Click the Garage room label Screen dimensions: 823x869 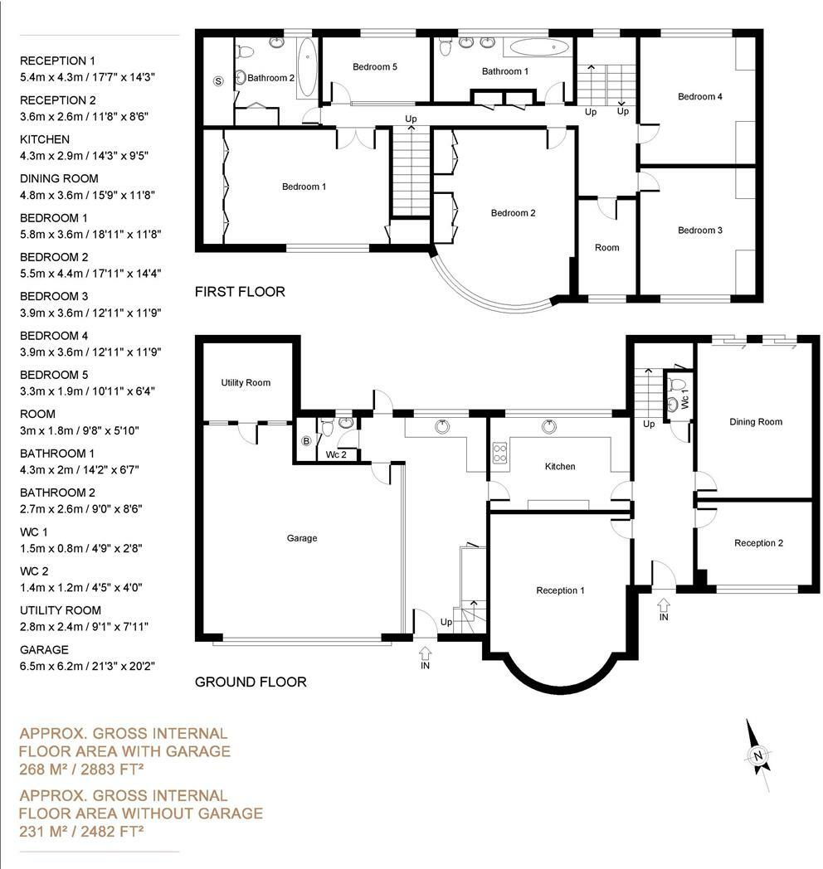click(302, 538)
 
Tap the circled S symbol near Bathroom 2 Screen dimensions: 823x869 click(218, 81)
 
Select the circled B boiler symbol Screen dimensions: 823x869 click(305, 441)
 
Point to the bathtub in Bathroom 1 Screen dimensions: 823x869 click(536, 47)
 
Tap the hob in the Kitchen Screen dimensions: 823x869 click(499, 453)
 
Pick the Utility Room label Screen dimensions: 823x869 click(246, 382)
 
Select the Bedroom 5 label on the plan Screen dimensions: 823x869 click(375, 67)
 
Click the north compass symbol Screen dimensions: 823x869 click(757, 754)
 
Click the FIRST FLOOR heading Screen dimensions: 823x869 click(240, 292)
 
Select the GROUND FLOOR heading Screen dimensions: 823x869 click(251, 682)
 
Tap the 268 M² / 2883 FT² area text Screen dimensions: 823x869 click(81, 769)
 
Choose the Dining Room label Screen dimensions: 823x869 click(756, 422)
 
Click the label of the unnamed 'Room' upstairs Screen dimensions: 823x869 click(606, 248)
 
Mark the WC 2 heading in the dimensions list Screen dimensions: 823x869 click(34, 571)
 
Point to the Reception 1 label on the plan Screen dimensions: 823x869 click(560, 590)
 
